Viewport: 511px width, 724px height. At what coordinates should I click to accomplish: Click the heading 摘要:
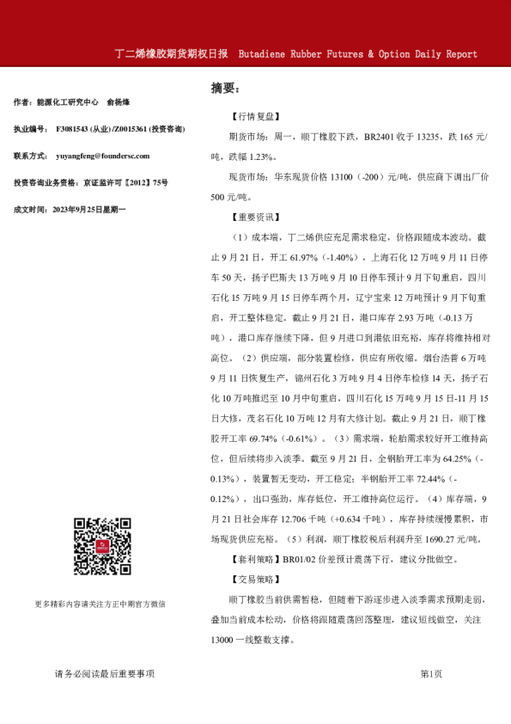click(224, 88)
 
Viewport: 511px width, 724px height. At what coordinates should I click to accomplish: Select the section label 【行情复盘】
click(251, 117)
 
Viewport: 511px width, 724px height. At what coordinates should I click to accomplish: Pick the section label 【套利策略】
click(251, 559)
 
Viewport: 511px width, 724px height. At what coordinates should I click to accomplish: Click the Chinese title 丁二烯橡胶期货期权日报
click(171, 53)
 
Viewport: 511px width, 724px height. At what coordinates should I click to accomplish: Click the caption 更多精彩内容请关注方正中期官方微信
click(100, 603)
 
